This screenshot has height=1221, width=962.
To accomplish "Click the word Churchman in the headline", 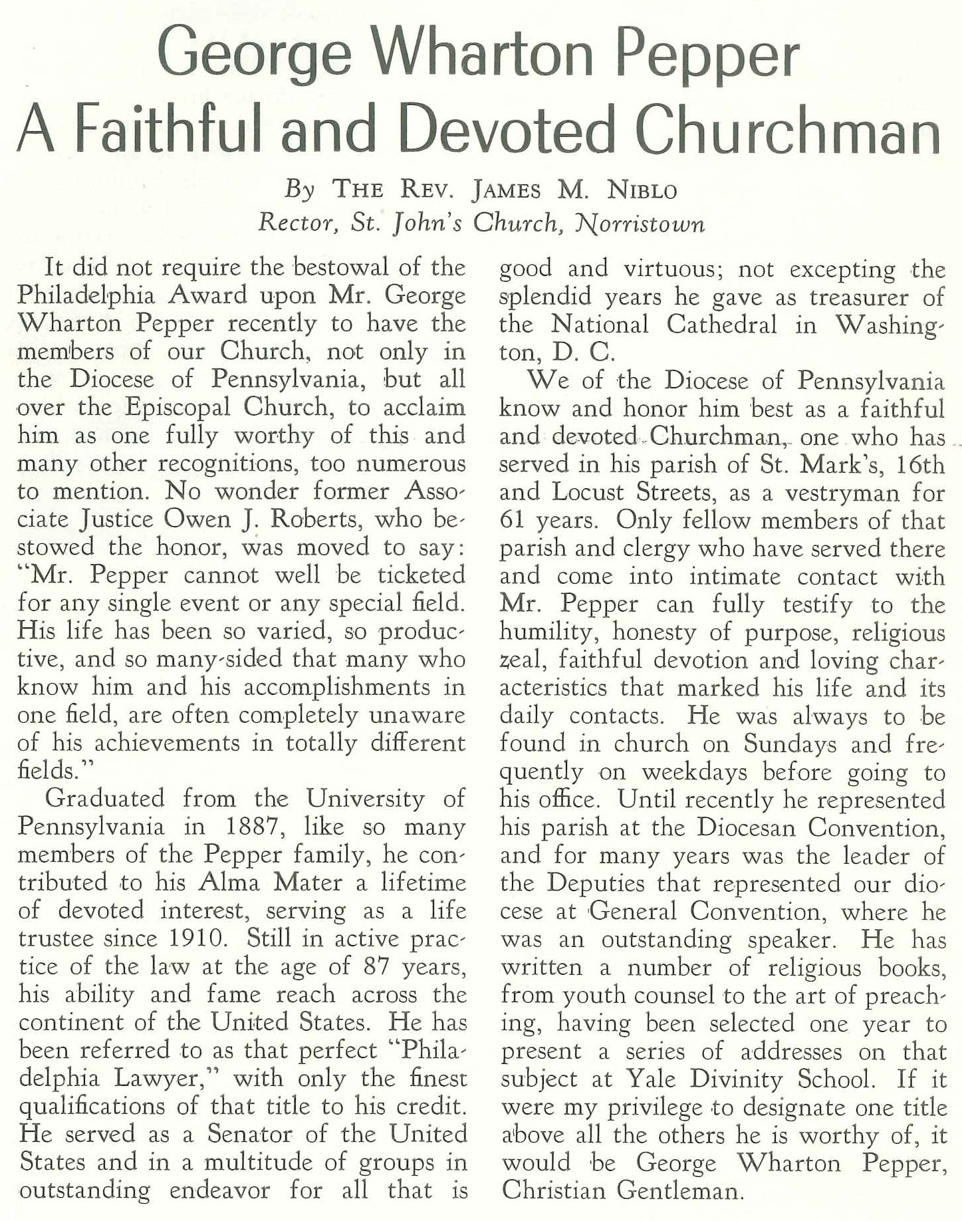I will point(789,129).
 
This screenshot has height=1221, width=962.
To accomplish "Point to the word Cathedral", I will point(721,325).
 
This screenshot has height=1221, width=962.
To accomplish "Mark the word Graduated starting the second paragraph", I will point(105,798).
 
